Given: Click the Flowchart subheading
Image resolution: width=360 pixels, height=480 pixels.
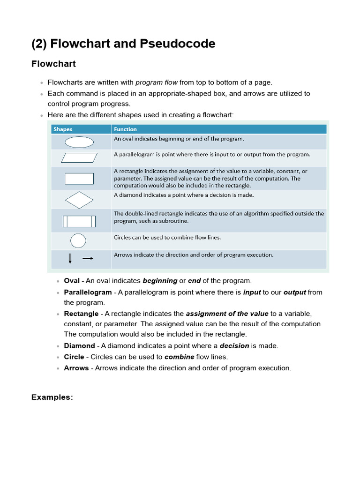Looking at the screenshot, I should (53, 64).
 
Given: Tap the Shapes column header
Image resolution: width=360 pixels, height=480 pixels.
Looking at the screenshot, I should (63, 129).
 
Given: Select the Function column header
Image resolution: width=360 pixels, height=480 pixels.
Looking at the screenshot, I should (125, 129).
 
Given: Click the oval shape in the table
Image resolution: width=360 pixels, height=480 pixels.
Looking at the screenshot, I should (79, 142).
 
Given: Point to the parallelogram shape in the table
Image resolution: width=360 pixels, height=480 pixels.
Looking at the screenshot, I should (79, 157).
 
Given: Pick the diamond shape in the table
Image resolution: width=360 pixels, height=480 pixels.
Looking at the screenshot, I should (79, 200).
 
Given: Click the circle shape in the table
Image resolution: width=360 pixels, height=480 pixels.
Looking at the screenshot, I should (78, 240).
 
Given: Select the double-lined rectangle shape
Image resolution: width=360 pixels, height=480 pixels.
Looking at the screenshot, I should (79, 221).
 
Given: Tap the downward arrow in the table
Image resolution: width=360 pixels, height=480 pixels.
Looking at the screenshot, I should (70, 258).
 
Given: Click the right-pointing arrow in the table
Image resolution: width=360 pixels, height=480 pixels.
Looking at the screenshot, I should (88, 258).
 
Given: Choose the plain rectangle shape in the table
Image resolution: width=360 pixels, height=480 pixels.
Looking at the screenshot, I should (79, 179).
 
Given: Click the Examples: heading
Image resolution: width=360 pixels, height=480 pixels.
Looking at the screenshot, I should (52, 397).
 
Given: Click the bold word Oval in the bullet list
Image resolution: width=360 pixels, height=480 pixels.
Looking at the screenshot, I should (72, 281).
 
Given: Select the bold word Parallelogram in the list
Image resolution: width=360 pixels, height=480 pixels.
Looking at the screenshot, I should (88, 292).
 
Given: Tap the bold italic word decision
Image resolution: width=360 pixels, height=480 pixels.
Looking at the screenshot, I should (234, 345).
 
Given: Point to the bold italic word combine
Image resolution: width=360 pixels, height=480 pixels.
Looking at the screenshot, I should (179, 357).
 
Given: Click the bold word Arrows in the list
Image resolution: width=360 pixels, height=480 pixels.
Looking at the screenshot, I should (76, 368).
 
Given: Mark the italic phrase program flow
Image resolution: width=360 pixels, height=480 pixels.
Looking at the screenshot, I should (157, 82).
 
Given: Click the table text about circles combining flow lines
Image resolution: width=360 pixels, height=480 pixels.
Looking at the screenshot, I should (167, 237).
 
